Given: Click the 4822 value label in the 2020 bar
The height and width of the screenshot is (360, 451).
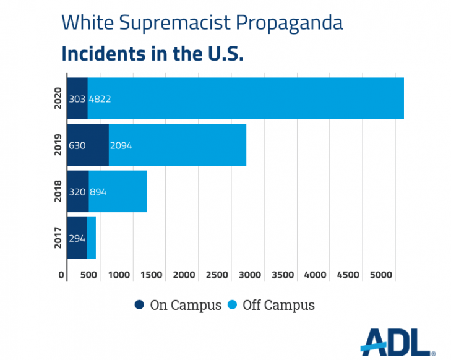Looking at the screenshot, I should point(100,98).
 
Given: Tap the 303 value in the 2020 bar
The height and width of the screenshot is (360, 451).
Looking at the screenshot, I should point(77,98).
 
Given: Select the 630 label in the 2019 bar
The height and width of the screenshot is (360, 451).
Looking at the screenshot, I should point(77,145).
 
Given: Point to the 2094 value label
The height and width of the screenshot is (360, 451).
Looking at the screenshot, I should point(121,145).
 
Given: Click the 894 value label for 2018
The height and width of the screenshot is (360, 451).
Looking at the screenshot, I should point(98,192).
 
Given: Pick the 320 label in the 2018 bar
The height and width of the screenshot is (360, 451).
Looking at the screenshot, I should point(77,192).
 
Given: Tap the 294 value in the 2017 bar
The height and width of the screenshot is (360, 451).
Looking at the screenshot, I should point(77,238).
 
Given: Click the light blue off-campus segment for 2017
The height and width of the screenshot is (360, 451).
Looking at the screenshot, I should point(92,238).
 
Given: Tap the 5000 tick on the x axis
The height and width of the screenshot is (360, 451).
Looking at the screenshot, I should point(381,275).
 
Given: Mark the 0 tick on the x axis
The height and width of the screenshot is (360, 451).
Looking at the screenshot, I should point(61,275).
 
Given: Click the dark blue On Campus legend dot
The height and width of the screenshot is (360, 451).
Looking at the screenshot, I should point(140,305).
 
